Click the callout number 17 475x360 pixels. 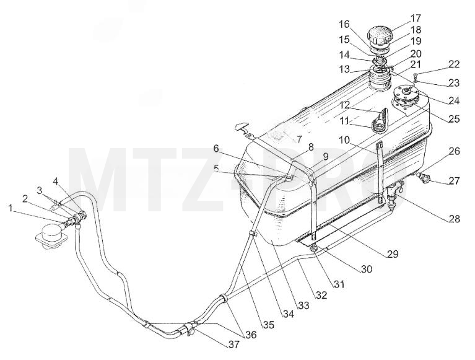(x=416, y=18)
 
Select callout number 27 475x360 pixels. (x=454, y=181)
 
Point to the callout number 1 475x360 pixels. (x=11, y=208)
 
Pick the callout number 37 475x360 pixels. (x=234, y=345)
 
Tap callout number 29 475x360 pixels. (x=393, y=253)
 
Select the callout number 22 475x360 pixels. (x=454, y=64)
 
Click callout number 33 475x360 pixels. (x=304, y=305)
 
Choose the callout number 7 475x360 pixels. (x=299, y=139)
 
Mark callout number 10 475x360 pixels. (x=344, y=140)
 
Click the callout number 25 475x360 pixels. (x=454, y=119)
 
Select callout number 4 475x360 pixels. (x=56, y=181)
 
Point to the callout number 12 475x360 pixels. (x=344, y=105)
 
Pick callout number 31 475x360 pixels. (x=339, y=284)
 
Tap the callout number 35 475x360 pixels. (x=268, y=325)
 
